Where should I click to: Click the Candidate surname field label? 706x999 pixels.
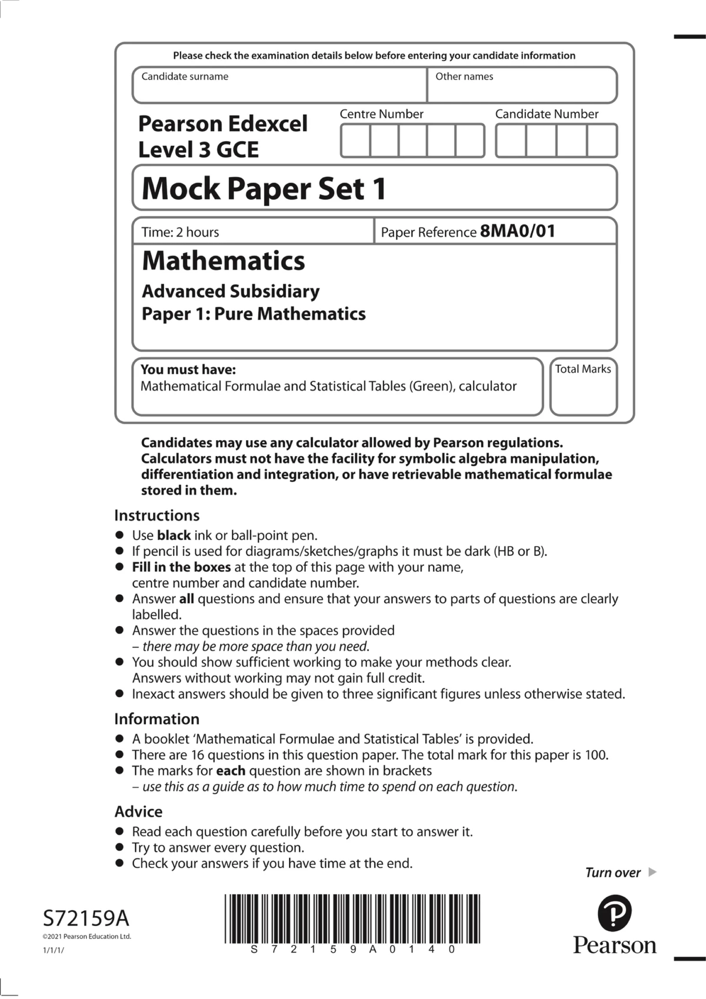tap(185, 76)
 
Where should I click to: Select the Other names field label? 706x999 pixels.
tap(464, 76)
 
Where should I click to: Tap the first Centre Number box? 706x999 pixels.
tap(355, 141)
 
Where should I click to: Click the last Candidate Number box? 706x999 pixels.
tap(602, 141)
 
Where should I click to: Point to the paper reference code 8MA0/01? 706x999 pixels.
tap(518, 231)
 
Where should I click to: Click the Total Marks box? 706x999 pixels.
tap(583, 387)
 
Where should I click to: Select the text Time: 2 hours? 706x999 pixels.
tap(180, 232)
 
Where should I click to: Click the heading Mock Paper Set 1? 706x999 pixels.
tap(264, 189)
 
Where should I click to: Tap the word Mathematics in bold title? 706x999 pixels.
tap(224, 261)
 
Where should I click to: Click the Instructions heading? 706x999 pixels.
tap(156, 515)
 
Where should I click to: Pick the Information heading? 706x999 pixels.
tap(156, 719)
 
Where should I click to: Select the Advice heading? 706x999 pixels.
tap(138, 812)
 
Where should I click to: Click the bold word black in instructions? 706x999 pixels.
tap(174, 535)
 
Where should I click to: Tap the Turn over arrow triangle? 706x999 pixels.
tap(652, 872)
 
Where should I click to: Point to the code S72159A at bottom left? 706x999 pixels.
tap(86, 918)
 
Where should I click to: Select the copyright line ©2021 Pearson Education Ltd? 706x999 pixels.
tap(86, 937)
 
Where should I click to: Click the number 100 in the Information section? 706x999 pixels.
tap(595, 755)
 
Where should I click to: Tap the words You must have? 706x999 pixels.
tap(188, 369)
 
